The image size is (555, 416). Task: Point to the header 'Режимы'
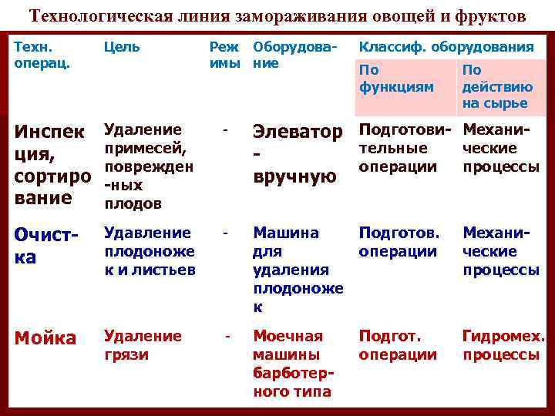224,55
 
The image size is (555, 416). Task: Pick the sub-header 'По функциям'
396,79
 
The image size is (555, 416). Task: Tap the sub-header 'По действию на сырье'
495,86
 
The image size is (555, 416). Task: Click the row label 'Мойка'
46,338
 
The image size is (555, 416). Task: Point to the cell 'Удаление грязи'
143,345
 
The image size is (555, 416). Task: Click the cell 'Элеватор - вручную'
297,155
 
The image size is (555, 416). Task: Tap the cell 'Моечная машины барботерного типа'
294,364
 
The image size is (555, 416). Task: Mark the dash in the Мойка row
227,336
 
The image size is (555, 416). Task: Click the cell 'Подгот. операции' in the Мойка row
398,345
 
